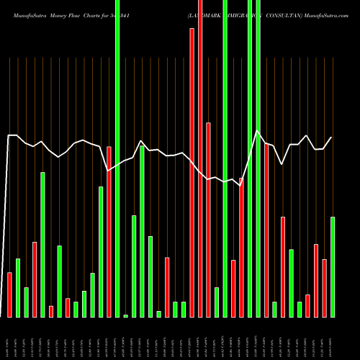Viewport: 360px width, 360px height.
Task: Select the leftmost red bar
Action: (9, 294)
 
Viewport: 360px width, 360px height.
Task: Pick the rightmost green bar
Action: (333, 266)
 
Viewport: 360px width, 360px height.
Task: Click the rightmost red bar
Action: (325, 288)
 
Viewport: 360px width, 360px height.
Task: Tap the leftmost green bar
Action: (18, 287)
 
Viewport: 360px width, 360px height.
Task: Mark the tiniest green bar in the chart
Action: (125, 315)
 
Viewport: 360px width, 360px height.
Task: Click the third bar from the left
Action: (26, 302)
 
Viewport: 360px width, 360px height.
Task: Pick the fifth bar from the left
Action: (42, 245)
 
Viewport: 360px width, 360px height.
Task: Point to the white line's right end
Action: (332, 138)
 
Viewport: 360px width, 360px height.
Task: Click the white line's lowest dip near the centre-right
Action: (240, 185)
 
